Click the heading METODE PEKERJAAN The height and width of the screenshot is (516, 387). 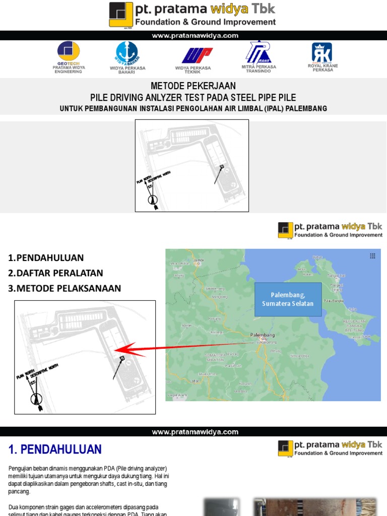click(193, 86)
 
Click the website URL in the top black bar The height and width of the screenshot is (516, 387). click(195, 36)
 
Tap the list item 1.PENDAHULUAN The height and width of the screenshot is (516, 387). click(46, 258)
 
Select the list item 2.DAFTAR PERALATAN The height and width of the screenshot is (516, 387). click(55, 273)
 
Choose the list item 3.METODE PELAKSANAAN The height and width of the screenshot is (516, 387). click(64, 288)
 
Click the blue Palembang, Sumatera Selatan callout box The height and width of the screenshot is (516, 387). click(288, 299)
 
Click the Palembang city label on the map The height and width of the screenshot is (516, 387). click(262, 335)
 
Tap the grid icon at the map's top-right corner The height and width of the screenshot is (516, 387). click(372, 256)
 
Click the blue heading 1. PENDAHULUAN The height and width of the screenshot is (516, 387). click(55, 449)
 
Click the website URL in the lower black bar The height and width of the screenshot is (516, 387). click(195, 432)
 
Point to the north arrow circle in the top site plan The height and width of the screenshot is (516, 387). click(153, 200)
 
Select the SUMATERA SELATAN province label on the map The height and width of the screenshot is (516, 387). click(215, 357)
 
